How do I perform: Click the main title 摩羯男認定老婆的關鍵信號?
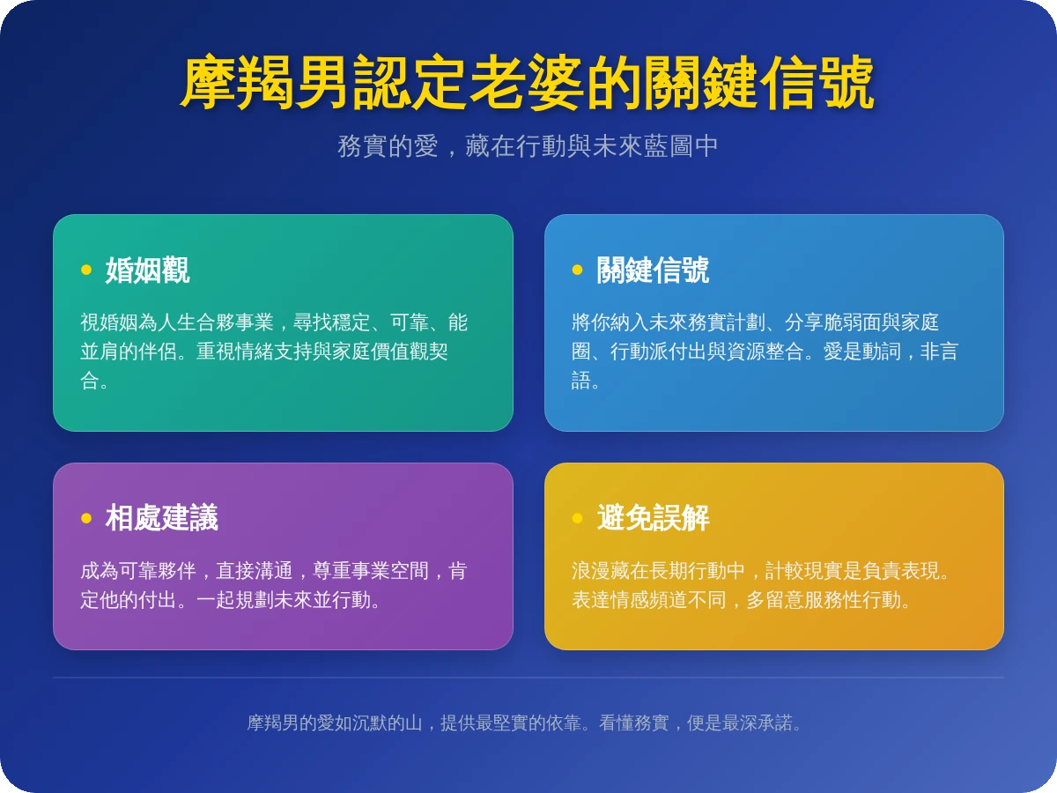coord(528,83)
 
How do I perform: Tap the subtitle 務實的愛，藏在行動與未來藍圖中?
coord(528,146)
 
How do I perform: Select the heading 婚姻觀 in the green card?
coord(147,270)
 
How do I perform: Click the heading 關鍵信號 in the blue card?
coord(652,270)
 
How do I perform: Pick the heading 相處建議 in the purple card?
coord(161,518)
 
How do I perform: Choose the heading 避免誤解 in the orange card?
coord(652,518)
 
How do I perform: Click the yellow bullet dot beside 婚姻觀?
coord(86,270)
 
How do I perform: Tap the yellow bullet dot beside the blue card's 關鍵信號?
coord(577,270)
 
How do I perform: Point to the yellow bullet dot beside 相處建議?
coord(86,518)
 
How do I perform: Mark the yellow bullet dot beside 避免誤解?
coord(577,518)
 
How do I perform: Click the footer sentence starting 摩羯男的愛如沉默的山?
coord(528,723)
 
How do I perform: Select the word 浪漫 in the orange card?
coord(590,571)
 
